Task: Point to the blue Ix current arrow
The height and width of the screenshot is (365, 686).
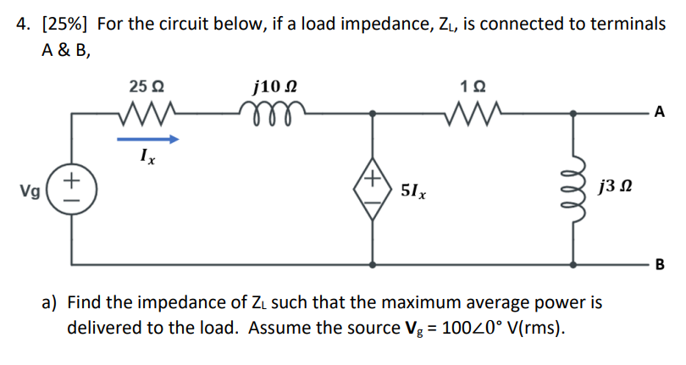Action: [147, 139]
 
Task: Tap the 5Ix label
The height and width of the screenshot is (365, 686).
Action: [412, 192]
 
